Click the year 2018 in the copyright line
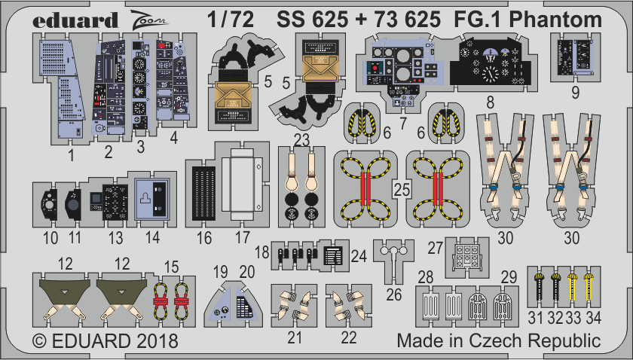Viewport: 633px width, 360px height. [x=157, y=341]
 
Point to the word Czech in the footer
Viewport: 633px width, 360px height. [x=485, y=341]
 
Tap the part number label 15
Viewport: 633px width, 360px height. [x=173, y=266]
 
